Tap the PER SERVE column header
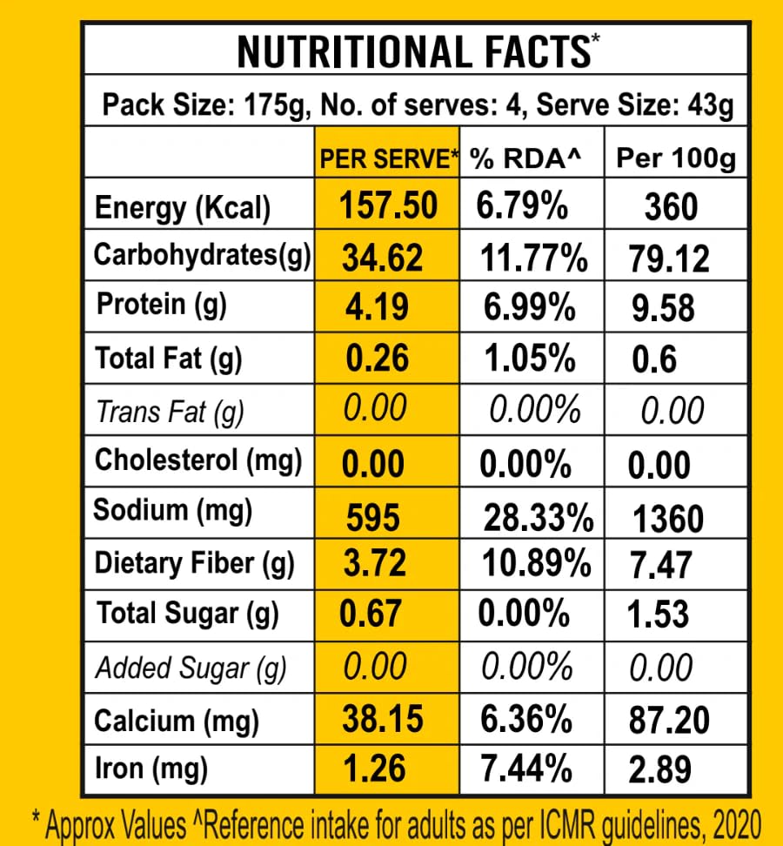coord(388,158)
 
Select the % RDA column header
coord(525,158)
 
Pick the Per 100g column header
coord(676,158)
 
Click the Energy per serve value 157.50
coord(388,206)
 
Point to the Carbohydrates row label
coord(202,255)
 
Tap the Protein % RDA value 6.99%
coord(529,307)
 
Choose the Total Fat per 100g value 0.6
coord(654,359)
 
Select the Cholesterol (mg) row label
coord(198,460)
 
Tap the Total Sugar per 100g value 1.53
coord(659,614)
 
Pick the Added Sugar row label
coord(190,668)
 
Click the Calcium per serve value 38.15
coord(383,719)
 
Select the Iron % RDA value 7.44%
coord(526,769)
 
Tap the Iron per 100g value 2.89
coord(660,770)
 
